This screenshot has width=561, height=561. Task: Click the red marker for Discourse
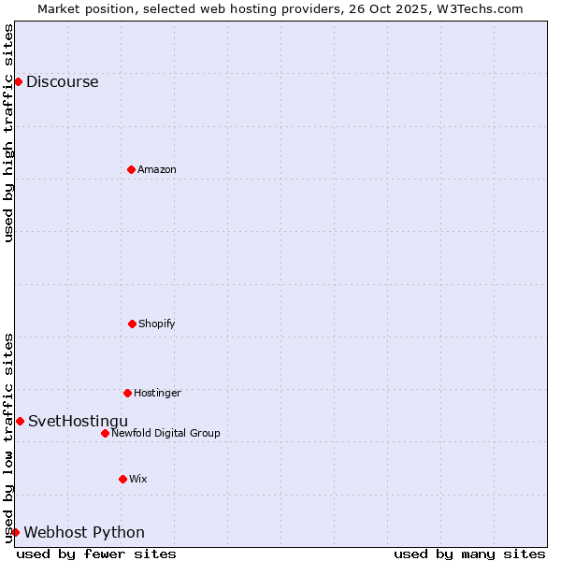click(18, 81)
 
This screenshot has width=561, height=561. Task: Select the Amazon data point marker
click(131, 169)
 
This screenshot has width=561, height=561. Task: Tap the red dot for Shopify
click(132, 324)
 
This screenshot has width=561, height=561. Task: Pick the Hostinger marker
click(127, 393)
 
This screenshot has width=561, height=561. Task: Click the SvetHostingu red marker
click(20, 421)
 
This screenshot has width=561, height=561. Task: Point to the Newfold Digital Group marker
click(105, 433)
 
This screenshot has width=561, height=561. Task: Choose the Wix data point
click(122, 479)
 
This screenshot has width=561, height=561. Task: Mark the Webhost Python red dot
click(15, 532)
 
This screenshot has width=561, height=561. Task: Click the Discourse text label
click(62, 81)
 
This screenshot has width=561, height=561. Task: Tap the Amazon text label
click(157, 169)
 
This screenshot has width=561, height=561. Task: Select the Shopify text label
click(157, 324)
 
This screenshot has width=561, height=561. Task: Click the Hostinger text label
click(157, 393)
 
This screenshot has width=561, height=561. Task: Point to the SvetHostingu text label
click(78, 421)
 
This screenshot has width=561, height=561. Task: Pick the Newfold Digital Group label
click(165, 433)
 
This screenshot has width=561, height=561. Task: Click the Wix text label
click(138, 479)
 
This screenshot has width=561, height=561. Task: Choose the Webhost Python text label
click(84, 532)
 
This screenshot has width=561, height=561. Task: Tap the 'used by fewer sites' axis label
click(96, 554)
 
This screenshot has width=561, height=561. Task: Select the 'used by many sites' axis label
click(469, 554)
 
